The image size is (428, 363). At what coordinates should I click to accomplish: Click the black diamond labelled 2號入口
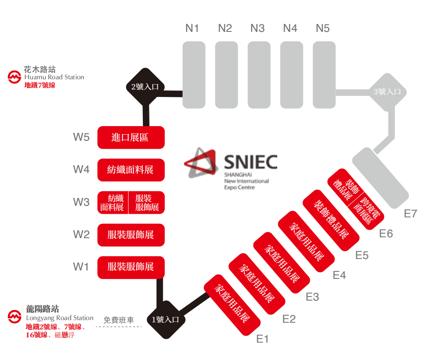tap(145, 87)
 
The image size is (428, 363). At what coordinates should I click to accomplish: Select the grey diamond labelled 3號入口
tap(387, 92)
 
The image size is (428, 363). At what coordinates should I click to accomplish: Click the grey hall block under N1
tap(194, 74)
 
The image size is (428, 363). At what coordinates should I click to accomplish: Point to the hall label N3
tap(257, 28)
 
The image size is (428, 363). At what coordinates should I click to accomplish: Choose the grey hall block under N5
tap(324, 74)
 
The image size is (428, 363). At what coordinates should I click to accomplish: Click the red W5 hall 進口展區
tap(131, 137)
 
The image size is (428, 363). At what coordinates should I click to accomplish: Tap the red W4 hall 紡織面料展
tap(131, 170)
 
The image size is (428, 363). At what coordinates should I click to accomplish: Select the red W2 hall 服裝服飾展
tap(131, 235)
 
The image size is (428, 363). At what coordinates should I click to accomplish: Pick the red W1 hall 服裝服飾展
tap(131, 267)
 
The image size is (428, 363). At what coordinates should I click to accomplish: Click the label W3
tap(81, 202)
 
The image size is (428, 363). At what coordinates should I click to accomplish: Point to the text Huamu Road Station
tap(54, 77)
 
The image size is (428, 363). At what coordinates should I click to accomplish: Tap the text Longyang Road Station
tap(60, 318)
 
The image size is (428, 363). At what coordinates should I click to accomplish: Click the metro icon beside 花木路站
tap(15, 77)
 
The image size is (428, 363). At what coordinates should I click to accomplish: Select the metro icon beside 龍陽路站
tap(15, 317)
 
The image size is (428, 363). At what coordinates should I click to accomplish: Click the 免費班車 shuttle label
tap(118, 320)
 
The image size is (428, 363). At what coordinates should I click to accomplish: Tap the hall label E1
tap(263, 339)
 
